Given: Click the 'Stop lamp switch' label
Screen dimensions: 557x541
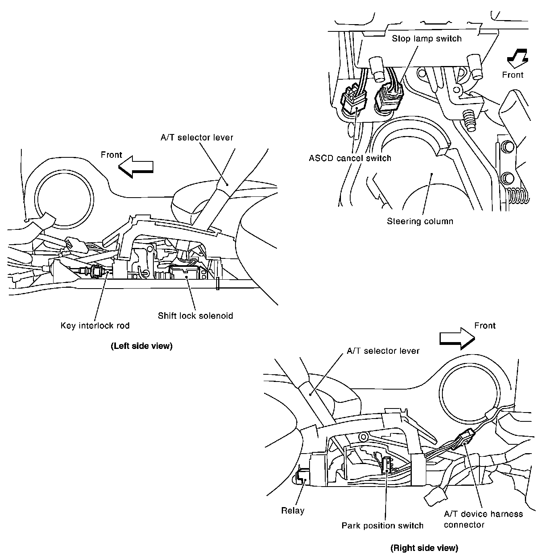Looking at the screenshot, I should tap(427, 39).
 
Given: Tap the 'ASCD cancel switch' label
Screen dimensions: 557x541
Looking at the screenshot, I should tap(350, 158).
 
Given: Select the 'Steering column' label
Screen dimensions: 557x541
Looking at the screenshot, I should tap(420, 221).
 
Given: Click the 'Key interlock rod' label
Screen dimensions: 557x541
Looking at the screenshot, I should tap(95, 326).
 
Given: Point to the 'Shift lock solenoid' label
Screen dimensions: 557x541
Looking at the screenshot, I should tap(195, 316).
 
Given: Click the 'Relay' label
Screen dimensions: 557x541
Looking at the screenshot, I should tap(293, 511).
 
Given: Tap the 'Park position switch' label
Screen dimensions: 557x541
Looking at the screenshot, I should tap(382, 526).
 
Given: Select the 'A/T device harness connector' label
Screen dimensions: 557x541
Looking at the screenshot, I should tap(483, 519).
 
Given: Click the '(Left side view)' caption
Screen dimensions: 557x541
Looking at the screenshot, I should tap(141, 346).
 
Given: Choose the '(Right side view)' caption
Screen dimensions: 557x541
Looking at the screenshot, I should tap(424, 548).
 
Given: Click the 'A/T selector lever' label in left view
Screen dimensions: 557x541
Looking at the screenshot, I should tap(197, 138).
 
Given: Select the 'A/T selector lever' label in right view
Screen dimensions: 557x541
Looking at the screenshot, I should tap(383, 351).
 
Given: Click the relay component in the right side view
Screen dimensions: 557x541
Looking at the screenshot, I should tap(303, 477).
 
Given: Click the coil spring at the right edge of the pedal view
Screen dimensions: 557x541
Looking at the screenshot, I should tap(516, 196).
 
